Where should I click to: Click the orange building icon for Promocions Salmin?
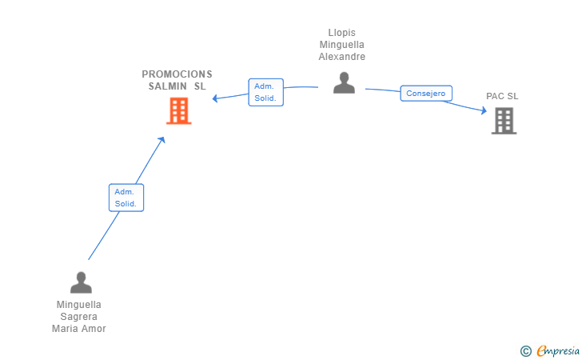click(178, 111)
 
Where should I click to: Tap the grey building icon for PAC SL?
click(504, 121)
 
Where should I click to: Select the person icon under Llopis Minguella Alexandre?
click(344, 83)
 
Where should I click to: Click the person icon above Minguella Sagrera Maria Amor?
click(81, 282)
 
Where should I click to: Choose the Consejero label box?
click(426, 94)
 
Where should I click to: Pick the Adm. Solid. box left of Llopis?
click(265, 92)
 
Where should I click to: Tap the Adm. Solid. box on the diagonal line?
click(126, 198)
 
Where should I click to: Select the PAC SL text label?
click(502, 96)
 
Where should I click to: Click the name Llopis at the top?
click(342, 33)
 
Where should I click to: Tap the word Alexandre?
click(342, 57)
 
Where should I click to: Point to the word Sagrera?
click(79, 316)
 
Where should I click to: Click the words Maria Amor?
click(79, 328)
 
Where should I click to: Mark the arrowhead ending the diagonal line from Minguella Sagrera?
click(162, 139)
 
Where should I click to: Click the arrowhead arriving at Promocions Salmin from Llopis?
click(216, 99)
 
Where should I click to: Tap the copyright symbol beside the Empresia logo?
click(525, 350)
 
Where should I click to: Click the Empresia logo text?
click(559, 350)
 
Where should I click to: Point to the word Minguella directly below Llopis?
click(342, 45)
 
